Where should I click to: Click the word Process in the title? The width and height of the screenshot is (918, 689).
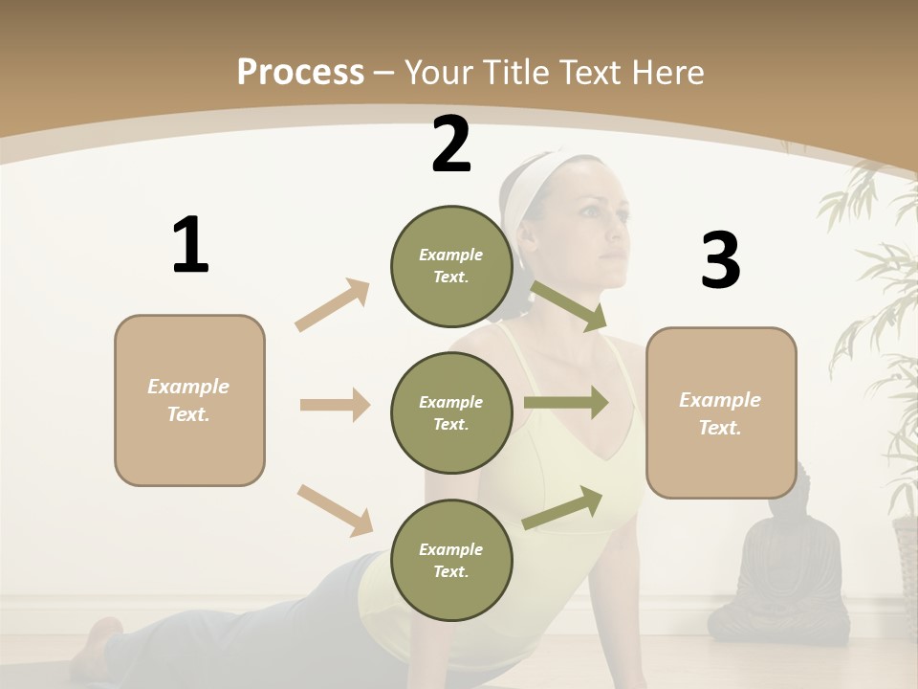pos(300,72)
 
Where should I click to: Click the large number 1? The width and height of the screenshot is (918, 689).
pos(190,245)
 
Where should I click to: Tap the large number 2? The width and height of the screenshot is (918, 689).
pos(451,144)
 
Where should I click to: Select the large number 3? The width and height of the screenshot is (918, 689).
pos(720,261)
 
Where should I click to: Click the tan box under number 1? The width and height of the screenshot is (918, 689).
pos(189,400)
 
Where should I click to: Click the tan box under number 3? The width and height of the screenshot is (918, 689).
pos(721,412)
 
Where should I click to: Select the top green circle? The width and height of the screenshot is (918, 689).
pos(451,266)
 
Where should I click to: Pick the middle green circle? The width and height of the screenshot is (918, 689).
pos(451,412)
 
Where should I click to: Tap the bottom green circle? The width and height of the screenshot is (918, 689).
pos(451,560)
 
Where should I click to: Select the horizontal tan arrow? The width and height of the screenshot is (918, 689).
pos(335,405)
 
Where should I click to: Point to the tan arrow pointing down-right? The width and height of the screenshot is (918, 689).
pos(336,510)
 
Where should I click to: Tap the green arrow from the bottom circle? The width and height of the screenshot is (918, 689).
pos(563,507)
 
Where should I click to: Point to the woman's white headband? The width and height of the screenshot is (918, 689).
pos(524,196)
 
